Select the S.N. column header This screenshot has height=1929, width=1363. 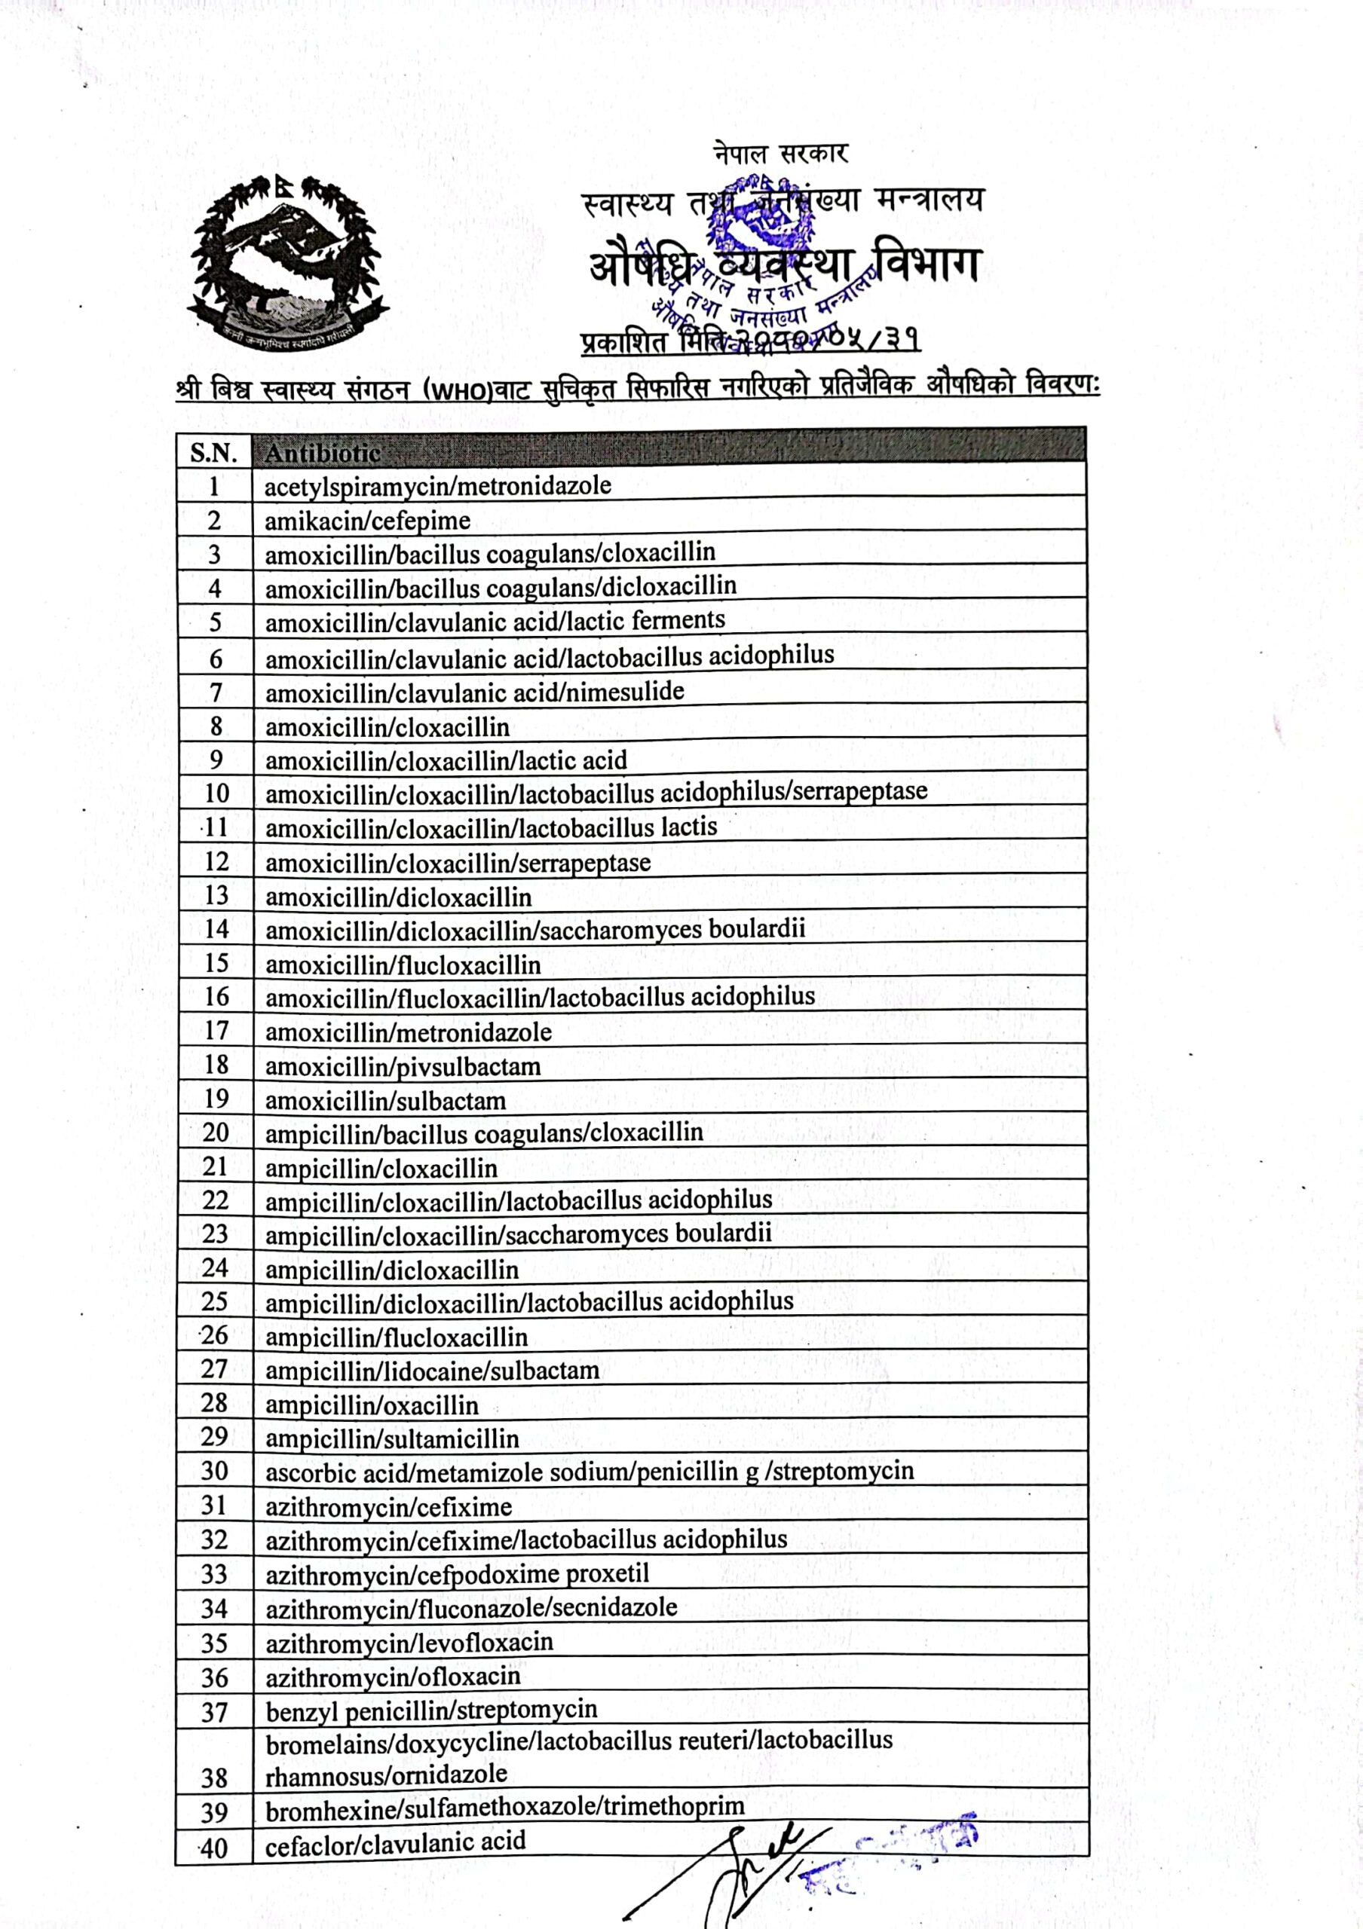(213, 453)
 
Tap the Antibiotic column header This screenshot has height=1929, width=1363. (323, 453)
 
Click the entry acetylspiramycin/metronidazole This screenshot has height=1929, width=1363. (438, 485)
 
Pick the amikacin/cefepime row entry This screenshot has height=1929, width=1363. (367, 521)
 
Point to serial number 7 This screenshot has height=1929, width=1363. (215, 692)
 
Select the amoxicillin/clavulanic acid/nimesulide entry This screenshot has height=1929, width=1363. (475, 692)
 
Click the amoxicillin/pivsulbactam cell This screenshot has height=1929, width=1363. (403, 1067)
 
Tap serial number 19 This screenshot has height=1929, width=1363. (215, 1099)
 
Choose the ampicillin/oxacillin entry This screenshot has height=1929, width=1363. (372, 1405)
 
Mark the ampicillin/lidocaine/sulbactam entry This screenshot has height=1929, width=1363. (432, 1371)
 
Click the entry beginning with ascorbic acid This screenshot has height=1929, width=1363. (589, 1472)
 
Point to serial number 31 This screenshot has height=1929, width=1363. (215, 1505)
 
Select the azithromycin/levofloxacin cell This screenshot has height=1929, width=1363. (409, 1643)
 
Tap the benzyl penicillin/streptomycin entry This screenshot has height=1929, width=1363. (431, 1710)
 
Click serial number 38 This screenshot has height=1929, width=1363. (215, 1778)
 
